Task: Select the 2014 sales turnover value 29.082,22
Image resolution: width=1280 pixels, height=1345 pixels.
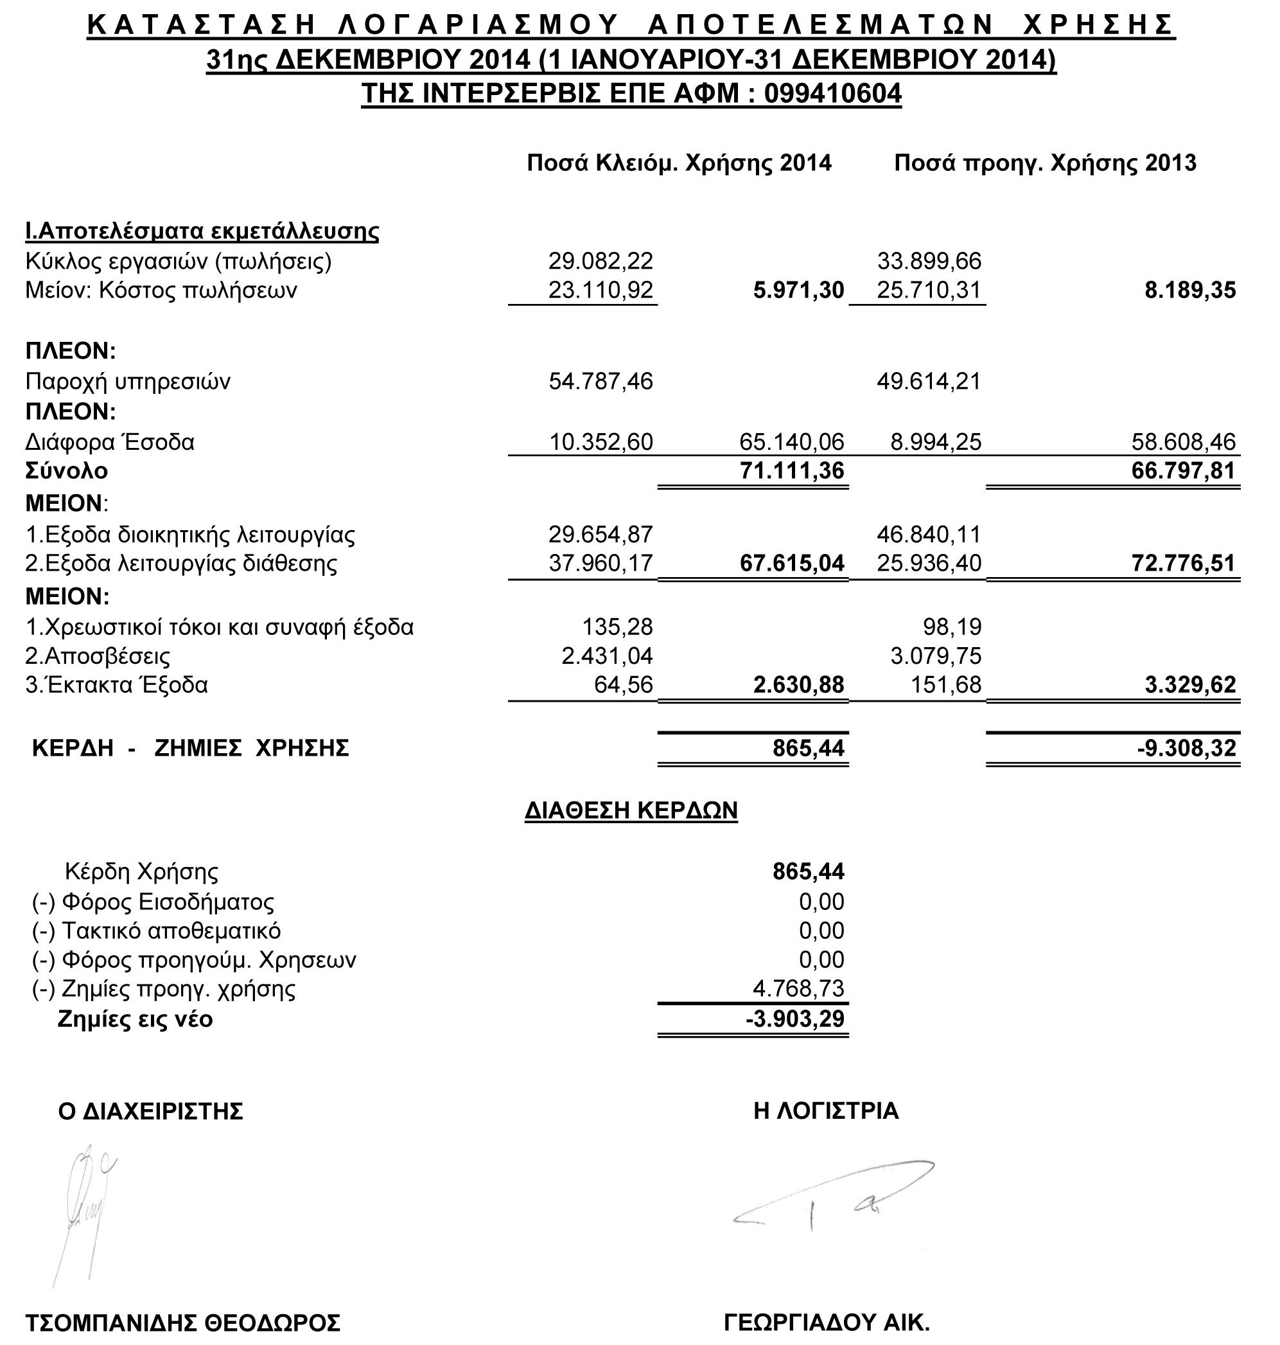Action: [601, 261]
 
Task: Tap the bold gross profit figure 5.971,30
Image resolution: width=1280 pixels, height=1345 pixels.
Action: [798, 290]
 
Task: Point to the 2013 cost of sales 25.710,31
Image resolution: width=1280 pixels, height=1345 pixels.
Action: [929, 290]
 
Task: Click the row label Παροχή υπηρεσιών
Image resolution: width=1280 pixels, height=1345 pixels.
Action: [128, 381]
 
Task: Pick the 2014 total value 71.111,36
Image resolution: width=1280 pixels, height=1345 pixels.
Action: [791, 470]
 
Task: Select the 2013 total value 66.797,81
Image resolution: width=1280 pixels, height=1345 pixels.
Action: [1183, 470]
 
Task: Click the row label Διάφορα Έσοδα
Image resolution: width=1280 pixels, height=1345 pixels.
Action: [110, 441]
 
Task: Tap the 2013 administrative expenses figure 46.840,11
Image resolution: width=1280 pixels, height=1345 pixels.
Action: [929, 533]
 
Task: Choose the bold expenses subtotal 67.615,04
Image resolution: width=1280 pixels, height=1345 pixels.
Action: [791, 564]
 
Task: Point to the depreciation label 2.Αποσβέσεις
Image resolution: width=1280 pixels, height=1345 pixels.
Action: [98, 655]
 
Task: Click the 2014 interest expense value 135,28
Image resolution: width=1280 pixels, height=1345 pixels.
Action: [617, 626]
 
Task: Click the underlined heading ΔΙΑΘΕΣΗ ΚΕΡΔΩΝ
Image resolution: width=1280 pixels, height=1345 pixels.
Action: [631, 810]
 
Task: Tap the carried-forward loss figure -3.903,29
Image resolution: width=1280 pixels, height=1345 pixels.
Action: [795, 1019]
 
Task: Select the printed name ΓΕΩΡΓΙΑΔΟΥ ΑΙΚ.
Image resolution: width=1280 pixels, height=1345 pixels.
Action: [827, 1323]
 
